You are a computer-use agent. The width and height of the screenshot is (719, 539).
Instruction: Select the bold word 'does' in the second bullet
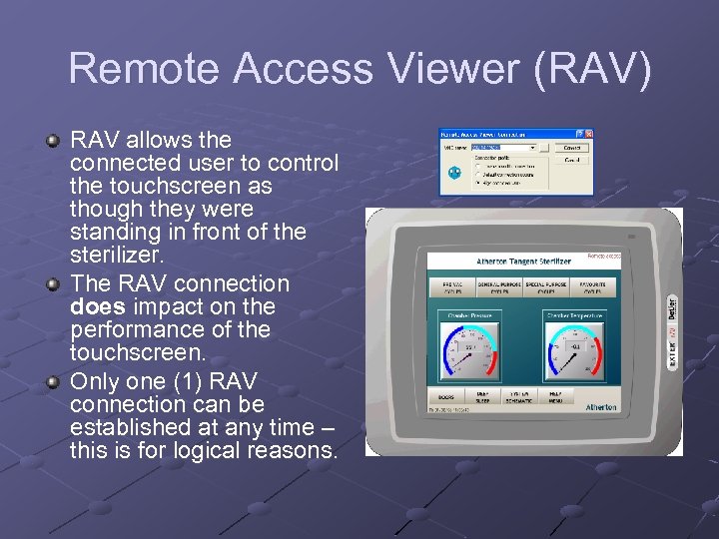(x=97, y=306)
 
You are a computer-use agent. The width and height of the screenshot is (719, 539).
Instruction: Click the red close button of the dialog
(x=589, y=134)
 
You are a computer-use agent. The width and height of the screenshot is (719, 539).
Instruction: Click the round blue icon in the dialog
(x=454, y=172)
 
